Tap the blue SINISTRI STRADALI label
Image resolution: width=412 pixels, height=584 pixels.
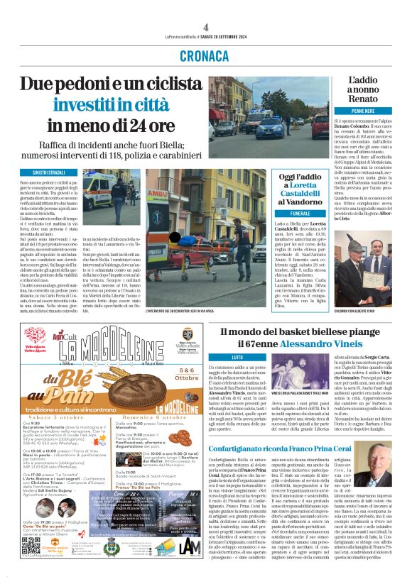43,172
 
